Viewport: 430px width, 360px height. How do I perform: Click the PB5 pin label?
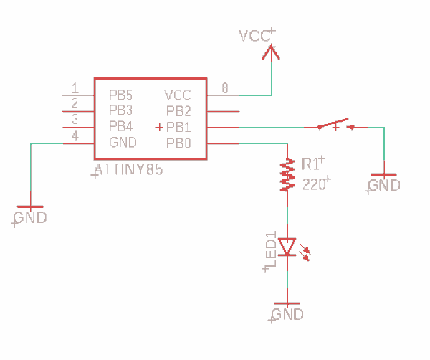point(120,94)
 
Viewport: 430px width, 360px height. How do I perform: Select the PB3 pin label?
point(120,110)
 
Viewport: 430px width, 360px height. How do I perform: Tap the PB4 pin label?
point(120,126)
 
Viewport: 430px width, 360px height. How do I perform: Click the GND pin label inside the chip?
point(122,143)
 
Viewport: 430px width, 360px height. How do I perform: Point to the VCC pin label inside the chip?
point(178,94)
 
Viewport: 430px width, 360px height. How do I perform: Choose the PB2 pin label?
point(178,110)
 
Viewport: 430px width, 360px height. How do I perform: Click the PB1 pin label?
point(178,127)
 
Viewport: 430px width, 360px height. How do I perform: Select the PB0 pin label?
point(178,143)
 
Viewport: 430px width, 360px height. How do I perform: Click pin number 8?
point(225,88)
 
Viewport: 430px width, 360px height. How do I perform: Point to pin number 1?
point(75,88)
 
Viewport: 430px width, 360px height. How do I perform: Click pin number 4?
point(75,136)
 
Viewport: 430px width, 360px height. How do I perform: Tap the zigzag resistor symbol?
point(287,176)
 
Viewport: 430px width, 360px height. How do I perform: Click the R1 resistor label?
point(311,164)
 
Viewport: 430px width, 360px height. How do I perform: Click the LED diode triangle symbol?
point(287,247)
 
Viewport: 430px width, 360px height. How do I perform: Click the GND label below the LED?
point(287,314)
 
